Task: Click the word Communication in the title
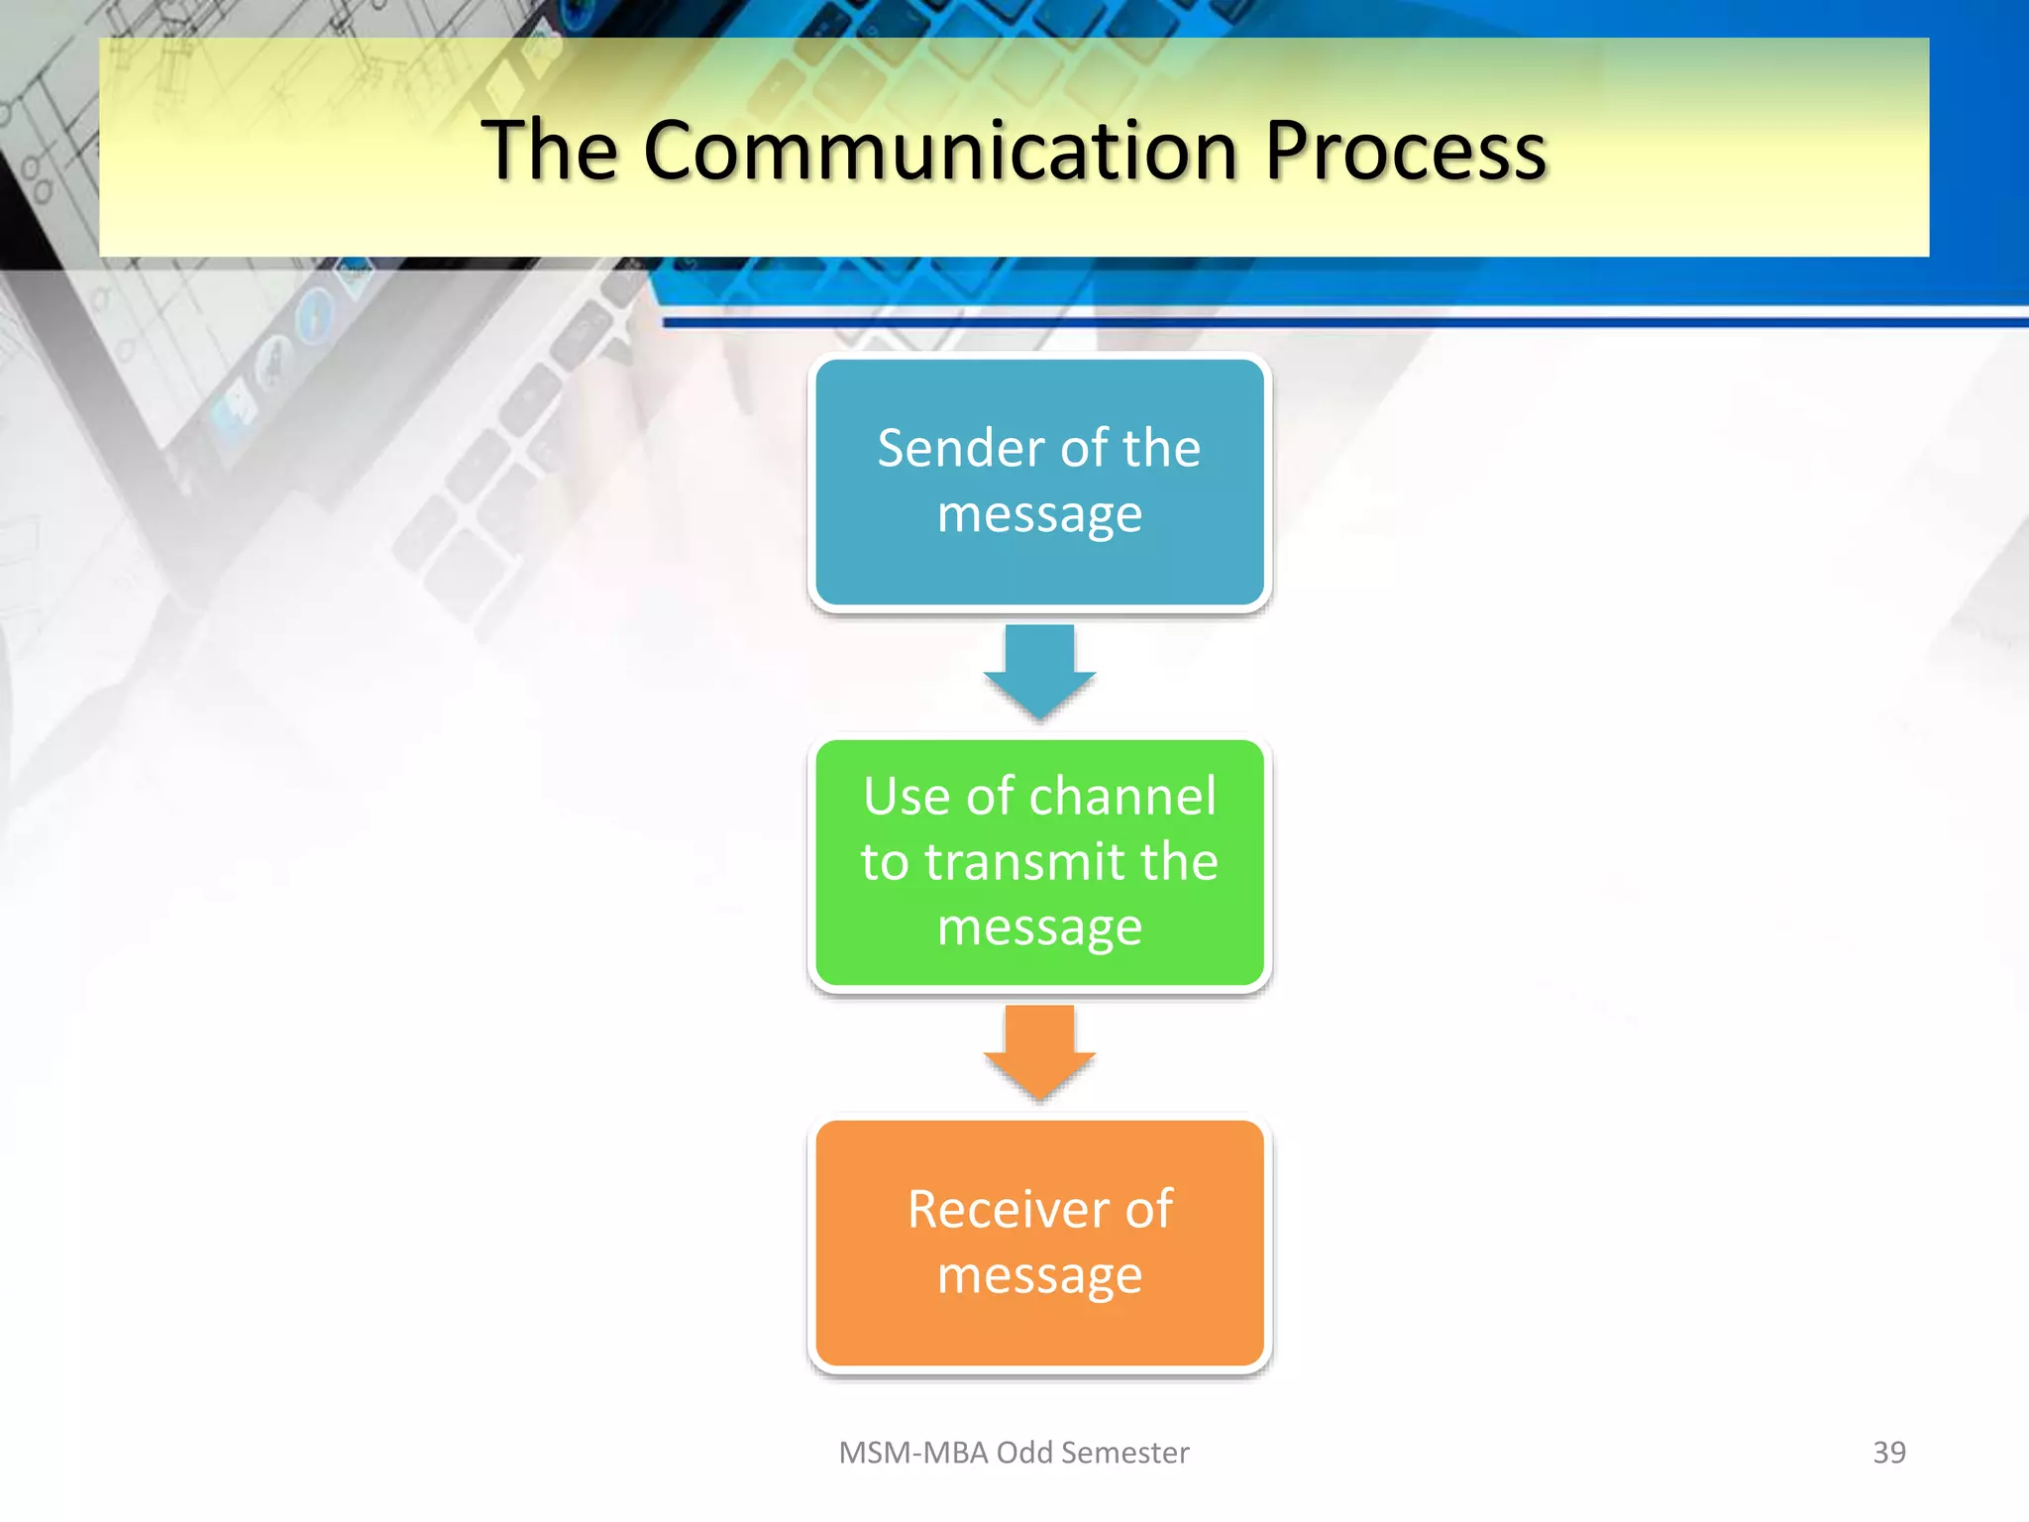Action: [939, 151]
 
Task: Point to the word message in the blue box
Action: [1039, 515]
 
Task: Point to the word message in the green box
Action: [1039, 927]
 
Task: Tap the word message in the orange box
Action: [1039, 1275]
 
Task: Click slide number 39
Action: [1888, 1452]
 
